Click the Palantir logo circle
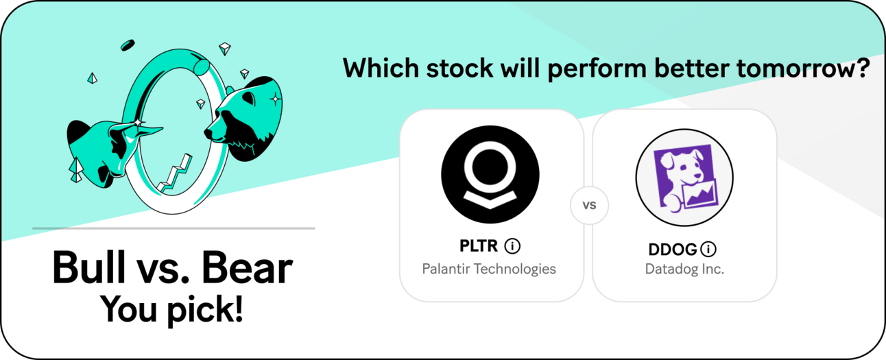click(490, 174)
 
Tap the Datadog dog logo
click(684, 178)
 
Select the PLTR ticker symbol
click(479, 246)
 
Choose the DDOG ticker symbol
click(673, 249)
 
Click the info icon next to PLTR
click(512, 246)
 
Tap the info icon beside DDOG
click(708, 249)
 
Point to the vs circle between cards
click(589, 205)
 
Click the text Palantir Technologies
click(489, 269)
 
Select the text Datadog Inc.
click(684, 269)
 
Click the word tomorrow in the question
click(803, 69)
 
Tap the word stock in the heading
click(460, 68)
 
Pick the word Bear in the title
click(247, 267)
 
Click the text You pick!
click(171, 309)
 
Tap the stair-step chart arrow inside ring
click(174, 174)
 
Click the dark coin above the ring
click(128, 45)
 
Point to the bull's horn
click(147, 130)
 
